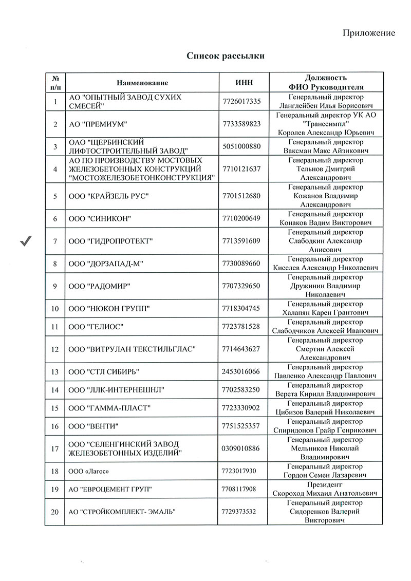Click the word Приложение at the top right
368,33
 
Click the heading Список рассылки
226,56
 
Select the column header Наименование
142,83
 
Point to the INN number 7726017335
242,101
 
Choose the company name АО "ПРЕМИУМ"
98,124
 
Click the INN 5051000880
242,146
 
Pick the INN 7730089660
242,264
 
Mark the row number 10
55,308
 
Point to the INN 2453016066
242,371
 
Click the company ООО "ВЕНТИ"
94,426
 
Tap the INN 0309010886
242,448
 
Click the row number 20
55,512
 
